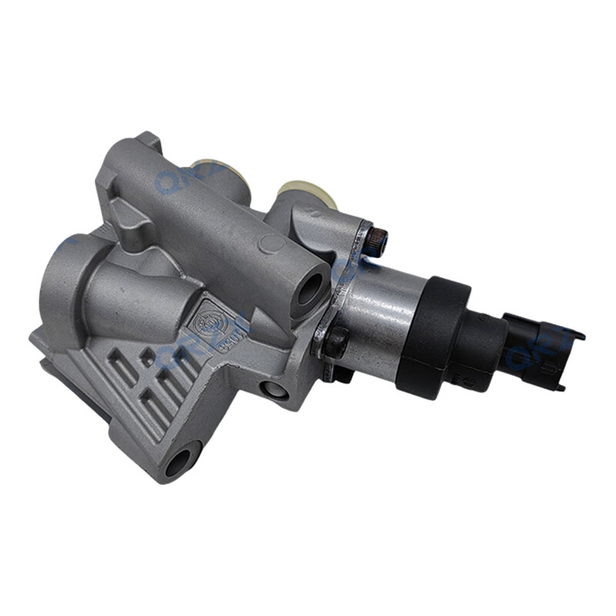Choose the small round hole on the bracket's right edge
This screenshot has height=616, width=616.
[x=275, y=390]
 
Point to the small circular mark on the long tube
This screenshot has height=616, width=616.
[x=271, y=244]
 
